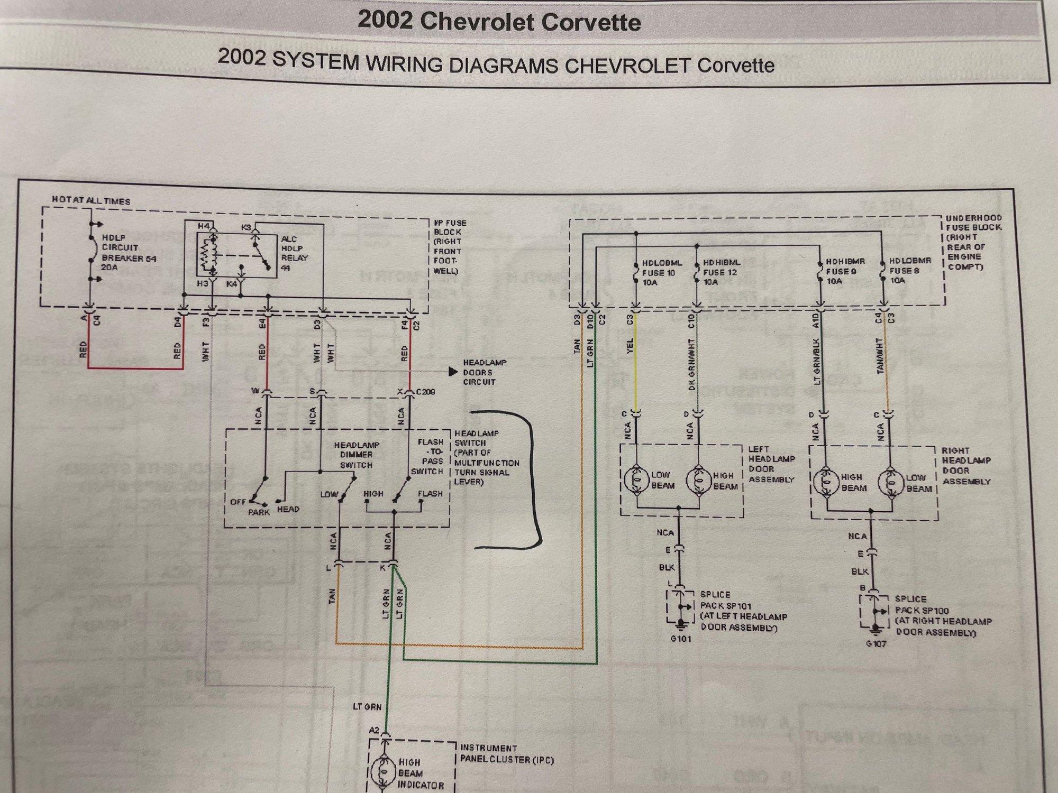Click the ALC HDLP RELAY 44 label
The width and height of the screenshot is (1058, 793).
click(x=294, y=253)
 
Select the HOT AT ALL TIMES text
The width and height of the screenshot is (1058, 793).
click(x=91, y=201)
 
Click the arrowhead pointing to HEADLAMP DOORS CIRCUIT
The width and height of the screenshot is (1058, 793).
click(x=453, y=372)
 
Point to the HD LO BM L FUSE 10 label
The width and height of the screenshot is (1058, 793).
click(x=661, y=272)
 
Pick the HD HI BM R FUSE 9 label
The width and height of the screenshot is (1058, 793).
click(x=845, y=271)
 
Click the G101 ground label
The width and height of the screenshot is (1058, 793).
click(x=681, y=639)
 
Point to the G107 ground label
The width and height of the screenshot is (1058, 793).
click(x=876, y=644)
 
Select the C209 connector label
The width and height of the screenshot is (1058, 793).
click(x=426, y=392)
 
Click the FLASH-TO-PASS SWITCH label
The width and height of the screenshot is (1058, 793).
click(x=428, y=456)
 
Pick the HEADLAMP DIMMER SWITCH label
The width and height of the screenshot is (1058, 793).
click(x=356, y=455)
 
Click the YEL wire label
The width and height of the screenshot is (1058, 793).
click(x=630, y=346)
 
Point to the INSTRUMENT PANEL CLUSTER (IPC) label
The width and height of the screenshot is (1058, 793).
click(x=506, y=754)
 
